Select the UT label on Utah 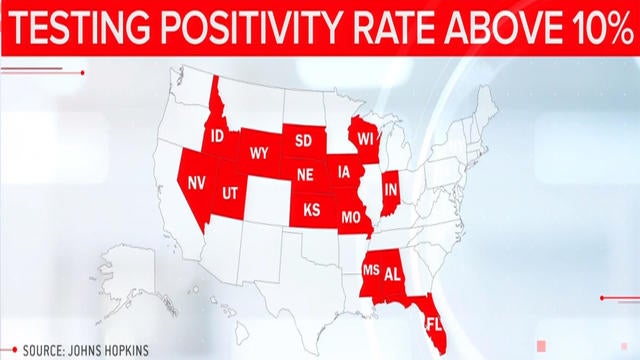point(230,191)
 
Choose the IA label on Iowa point(345,170)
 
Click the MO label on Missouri point(351,215)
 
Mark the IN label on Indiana point(392,188)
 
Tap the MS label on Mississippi point(370,270)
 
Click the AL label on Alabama point(393,272)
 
